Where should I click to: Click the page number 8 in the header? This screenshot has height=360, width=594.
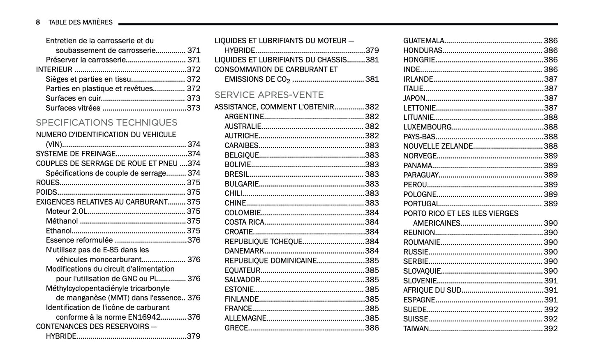tap(38, 22)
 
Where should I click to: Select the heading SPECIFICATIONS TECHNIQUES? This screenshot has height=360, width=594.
tap(106, 122)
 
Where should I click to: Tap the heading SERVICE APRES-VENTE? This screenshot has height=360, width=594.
tap(269, 95)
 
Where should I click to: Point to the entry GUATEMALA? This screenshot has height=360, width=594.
tap(424, 41)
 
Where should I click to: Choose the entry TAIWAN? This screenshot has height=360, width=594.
tap(416, 328)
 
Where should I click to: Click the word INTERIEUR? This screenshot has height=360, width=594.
tap(54, 69)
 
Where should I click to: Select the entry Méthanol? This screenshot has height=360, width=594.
tap(62, 221)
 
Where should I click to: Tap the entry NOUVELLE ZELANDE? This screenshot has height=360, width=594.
tap(438, 146)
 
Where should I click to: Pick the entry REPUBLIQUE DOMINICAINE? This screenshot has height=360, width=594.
tap(270, 261)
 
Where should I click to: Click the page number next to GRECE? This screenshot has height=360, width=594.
tap(372, 328)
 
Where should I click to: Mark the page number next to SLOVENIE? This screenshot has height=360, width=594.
tap(551, 281)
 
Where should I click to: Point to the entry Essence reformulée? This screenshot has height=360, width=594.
tap(79, 240)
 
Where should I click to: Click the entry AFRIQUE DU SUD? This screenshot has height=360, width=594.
tap(432, 290)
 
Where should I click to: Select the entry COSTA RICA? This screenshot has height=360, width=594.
tap(244, 222)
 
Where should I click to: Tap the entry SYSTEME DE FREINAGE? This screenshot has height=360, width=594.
tap(76, 154)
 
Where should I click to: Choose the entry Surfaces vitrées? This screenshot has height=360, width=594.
tap(73, 108)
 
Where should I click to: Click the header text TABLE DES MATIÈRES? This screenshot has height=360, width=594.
tap(80, 22)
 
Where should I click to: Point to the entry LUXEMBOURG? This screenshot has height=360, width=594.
tap(427, 127)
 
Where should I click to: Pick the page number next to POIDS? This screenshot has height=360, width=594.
tap(194, 192)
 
